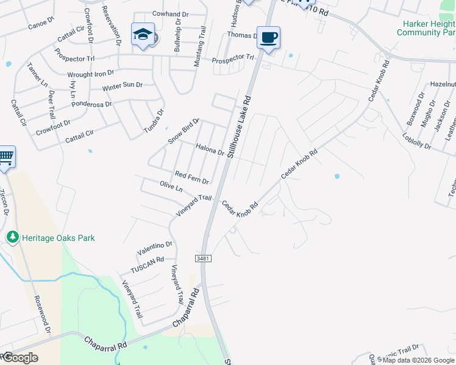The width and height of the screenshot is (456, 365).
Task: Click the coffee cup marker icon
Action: point(268,38)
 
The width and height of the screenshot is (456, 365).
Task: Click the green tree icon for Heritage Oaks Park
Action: point(12,237)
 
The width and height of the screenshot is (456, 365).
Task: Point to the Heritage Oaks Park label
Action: point(59,238)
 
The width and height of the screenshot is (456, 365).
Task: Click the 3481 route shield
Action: point(204,259)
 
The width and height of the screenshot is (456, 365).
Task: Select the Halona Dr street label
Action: point(210,149)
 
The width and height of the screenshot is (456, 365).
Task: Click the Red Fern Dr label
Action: point(192,178)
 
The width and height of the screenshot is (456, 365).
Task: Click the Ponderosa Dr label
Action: point(91,104)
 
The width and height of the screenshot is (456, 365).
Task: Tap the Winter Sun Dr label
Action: point(122,86)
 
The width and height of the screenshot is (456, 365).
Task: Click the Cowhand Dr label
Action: point(170,14)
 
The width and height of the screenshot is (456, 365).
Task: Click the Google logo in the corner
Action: point(20,358)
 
